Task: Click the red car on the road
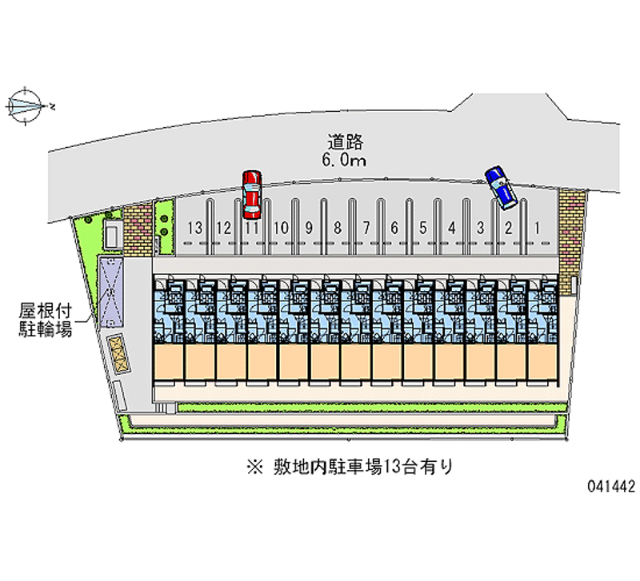[x=251, y=193]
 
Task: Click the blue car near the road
[x=501, y=188]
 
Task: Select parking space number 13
[x=194, y=228]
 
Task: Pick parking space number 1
[x=538, y=228]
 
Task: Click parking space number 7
[x=366, y=228]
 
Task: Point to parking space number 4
[x=452, y=228]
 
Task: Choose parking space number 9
[x=308, y=228]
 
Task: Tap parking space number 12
[x=223, y=228]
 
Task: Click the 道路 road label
[x=346, y=142]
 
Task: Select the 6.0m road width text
[x=346, y=161]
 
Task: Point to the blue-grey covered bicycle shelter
[x=110, y=292]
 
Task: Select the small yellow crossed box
[x=118, y=352]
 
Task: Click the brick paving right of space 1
[x=571, y=240]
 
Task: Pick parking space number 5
[x=423, y=228]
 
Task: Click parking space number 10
[x=280, y=228]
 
